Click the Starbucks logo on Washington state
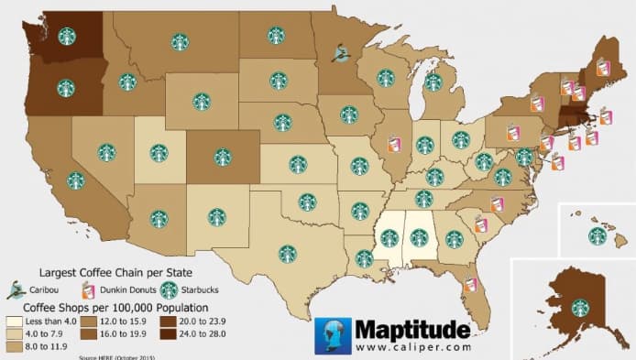pos(66,36)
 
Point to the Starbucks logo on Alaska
pos(579,309)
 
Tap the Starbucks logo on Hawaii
pos(598,236)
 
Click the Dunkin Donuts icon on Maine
pos(602,67)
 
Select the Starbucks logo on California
pos(75,180)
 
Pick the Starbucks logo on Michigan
pos(433,83)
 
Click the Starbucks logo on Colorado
pos(223,157)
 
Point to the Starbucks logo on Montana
pos(180,41)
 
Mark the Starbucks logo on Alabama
pos(420,238)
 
